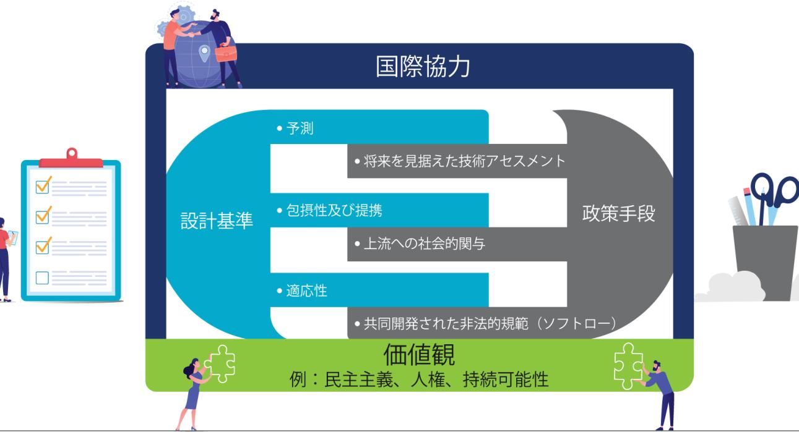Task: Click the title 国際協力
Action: (423, 67)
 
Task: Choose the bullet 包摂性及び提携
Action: (329, 210)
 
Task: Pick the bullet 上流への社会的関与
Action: (419, 244)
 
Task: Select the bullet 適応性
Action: (303, 290)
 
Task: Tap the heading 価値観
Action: (419, 355)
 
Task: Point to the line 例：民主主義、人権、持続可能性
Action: (419, 378)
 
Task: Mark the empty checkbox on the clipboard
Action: (43, 277)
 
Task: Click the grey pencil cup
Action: (765, 260)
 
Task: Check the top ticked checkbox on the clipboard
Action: (43, 185)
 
